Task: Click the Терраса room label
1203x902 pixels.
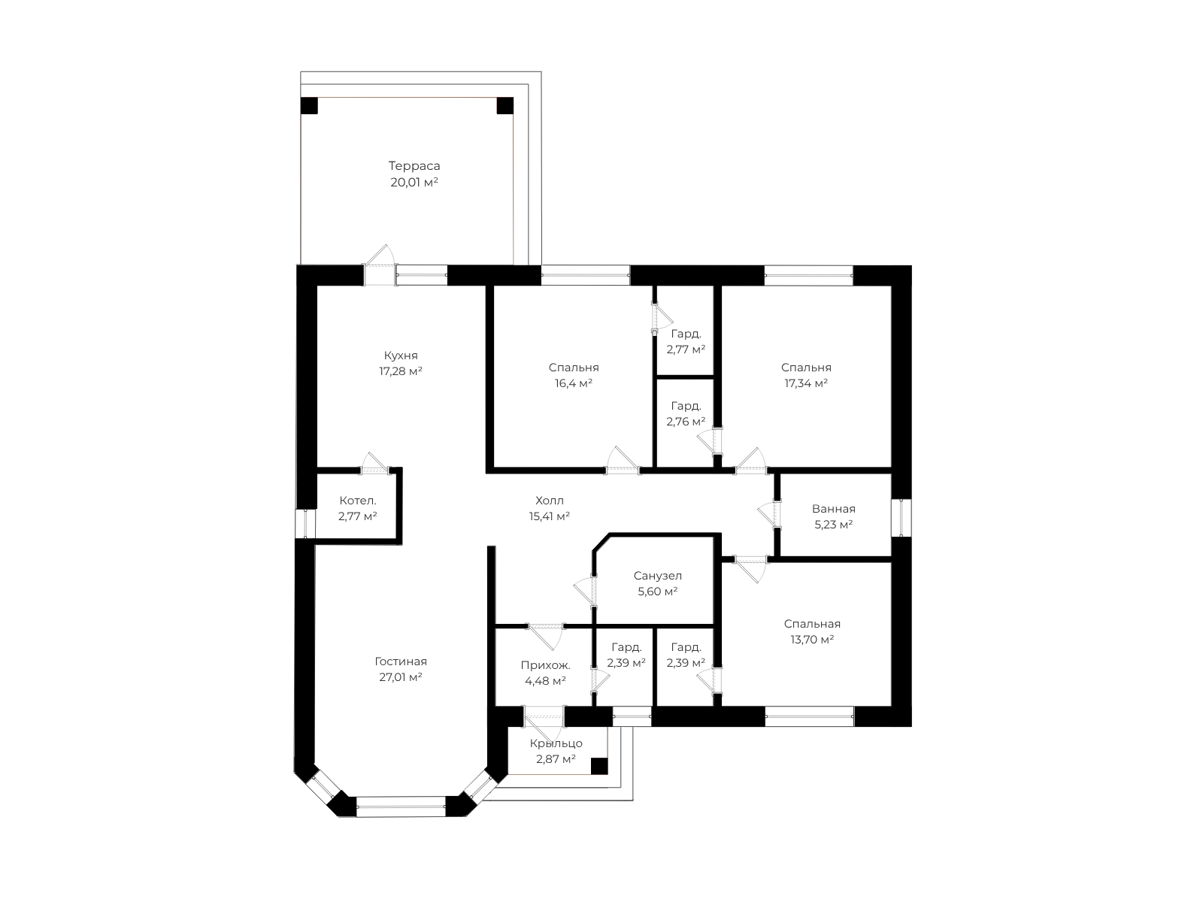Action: pos(414,165)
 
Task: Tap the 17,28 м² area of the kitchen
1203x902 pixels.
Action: pos(401,371)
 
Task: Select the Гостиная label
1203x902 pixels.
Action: pos(401,661)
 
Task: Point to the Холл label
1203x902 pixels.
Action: pos(549,501)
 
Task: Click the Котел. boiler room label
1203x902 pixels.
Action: pos(358,501)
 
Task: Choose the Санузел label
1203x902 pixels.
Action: pos(658,576)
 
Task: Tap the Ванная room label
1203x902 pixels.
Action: pos(834,509)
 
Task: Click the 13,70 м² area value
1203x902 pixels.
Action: pos(812,639)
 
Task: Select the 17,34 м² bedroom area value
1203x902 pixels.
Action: pos(806,383)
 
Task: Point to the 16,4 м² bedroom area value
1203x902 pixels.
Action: pos(574,383)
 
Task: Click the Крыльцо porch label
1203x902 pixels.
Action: pos(556,743)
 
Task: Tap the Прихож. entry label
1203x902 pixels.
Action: pos(545,665)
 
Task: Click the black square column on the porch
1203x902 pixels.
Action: pos(599,766)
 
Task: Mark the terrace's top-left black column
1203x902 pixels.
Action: pos(309,106)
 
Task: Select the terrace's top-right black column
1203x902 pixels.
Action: pos(505,106)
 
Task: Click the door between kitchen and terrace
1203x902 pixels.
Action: pos(380,265)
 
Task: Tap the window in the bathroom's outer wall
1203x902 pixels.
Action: pos(901,518)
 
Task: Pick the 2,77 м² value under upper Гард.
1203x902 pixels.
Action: pos(686,350)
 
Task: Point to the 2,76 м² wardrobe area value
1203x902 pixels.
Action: pos(686,422)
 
